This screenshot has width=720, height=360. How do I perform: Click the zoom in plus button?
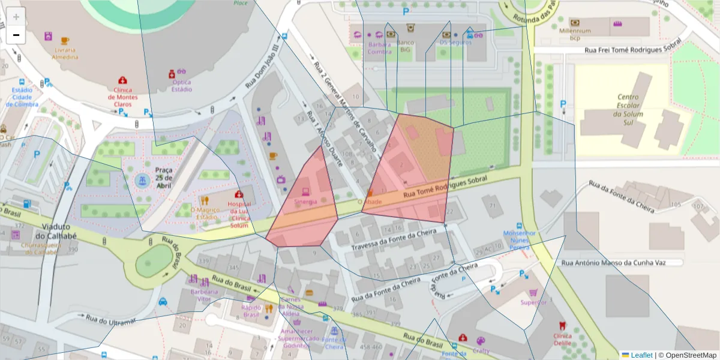click(16, 17)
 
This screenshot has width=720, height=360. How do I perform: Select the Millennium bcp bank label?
click(575, 34)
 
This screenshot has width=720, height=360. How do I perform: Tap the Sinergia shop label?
click(305, 202)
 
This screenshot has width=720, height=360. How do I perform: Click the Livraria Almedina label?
click(65, 53)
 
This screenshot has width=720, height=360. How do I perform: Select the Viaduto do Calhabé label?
click(59, 232)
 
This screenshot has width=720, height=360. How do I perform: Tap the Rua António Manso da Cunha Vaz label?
click(621, 263)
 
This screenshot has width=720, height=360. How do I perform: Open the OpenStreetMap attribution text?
click(688, 355)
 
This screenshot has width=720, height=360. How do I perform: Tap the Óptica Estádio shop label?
click(181, 86)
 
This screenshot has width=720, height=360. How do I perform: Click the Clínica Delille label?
click(562, 340)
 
